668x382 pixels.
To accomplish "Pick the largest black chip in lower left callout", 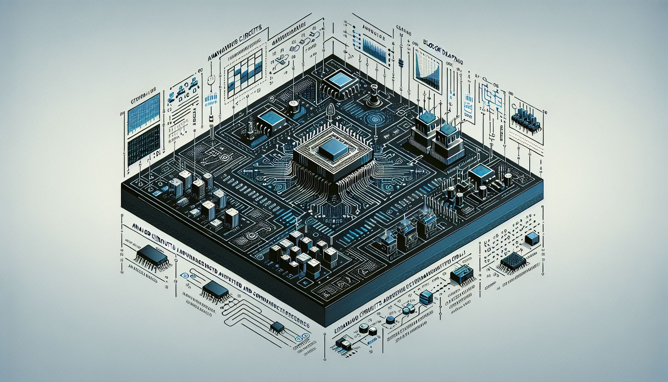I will [152, 255].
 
